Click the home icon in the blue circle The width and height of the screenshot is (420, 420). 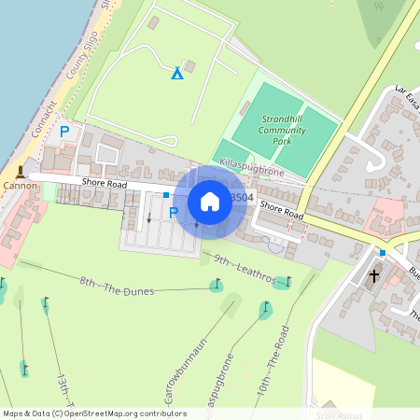pos(210,202)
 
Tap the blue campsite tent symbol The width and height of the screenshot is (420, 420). pos(176,72)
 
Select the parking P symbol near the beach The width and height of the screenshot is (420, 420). pos(64,133)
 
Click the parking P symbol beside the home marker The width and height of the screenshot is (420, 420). pos(173,213)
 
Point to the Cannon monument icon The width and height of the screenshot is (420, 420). pos(20,172)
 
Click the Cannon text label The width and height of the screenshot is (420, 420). pos(20,186)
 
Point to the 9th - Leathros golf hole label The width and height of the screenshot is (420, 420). pos(245,268)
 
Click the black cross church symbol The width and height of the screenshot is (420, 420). pos(375,275)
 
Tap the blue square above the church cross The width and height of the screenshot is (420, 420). pos(383,252)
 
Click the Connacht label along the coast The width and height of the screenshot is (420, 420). pos(44,119)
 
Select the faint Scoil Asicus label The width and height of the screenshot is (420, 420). pos(339,413)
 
